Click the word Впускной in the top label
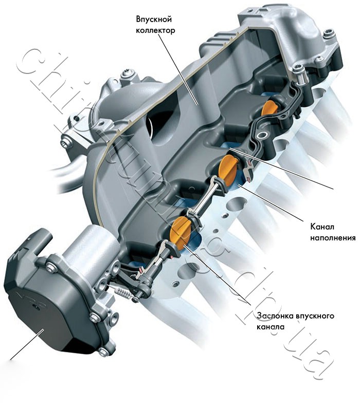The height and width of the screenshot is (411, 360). click(154, 20)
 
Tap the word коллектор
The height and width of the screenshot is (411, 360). click(155, 31)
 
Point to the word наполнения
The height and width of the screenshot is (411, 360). click(333, 238)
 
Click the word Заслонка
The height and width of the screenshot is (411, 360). click(275, 315)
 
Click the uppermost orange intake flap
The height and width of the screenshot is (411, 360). click(269, 108)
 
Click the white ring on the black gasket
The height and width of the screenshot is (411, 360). click(262, 136)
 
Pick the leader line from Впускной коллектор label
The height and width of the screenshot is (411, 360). click(178, 69)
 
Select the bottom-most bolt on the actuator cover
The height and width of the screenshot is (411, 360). click(103, 351)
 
